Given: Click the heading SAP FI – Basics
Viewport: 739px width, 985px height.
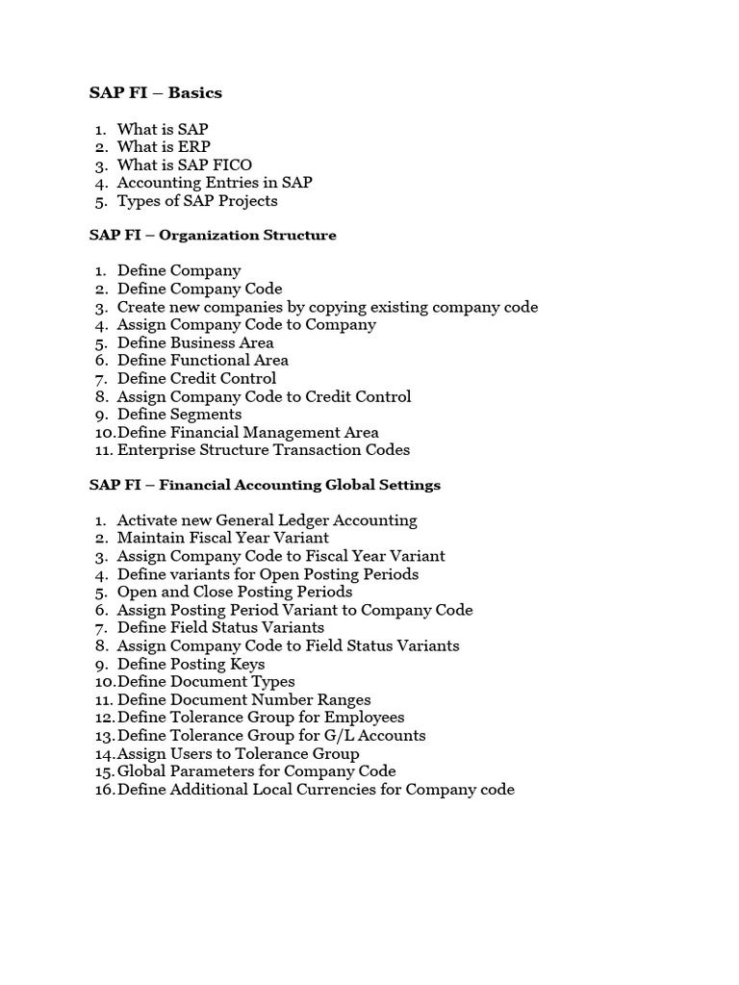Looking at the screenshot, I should pos(156,93).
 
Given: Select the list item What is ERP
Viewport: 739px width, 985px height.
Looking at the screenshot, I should pos(164,147).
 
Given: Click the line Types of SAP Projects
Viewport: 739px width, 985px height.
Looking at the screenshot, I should pos(197,201).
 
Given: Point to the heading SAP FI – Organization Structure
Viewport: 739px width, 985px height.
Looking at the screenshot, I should pos(213,236).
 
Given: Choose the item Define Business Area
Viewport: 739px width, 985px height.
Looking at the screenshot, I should pos(195,342).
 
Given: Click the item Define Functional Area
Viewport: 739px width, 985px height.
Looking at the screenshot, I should pos(202,361).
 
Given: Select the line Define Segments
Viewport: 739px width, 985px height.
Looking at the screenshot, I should pos(179,415).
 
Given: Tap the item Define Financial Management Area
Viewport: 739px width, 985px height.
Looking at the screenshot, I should pos(247,433).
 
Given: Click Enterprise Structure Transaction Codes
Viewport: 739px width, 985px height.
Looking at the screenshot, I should pos(263,450).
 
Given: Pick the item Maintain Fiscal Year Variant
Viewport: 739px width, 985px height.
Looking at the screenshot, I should pos(222,539).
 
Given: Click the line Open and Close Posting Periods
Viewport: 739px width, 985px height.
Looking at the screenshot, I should pos(234,593).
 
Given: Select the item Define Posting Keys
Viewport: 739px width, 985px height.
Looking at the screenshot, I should pos(191,665).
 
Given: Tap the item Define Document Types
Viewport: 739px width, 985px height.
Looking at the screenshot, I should pos(206,682).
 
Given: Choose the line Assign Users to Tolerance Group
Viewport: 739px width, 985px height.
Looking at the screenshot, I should pos(238,754).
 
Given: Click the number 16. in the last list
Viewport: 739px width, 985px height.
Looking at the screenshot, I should pos(104,790).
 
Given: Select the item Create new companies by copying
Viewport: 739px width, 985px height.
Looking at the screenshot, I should pos(327,307).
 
